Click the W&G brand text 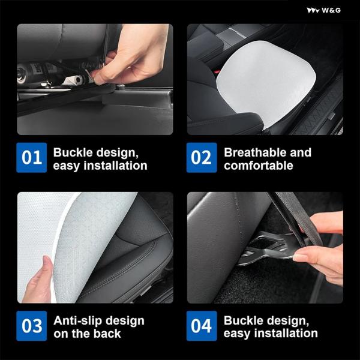point(331,10)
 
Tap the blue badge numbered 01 point(32,157)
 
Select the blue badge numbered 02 point(202,157)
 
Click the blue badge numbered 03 point(32,326)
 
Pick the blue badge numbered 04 point(202,326)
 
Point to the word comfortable point(259,166)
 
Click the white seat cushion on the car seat point(266,80)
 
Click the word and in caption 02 point(301,152)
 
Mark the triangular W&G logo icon point(313,11)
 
